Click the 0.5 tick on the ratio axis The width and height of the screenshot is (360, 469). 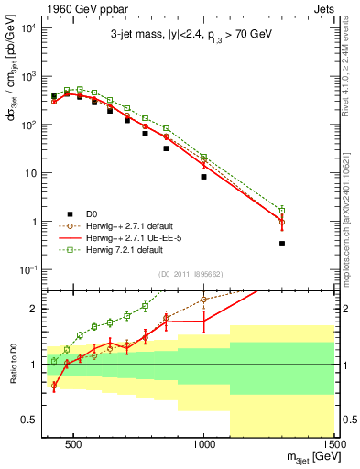27,420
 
